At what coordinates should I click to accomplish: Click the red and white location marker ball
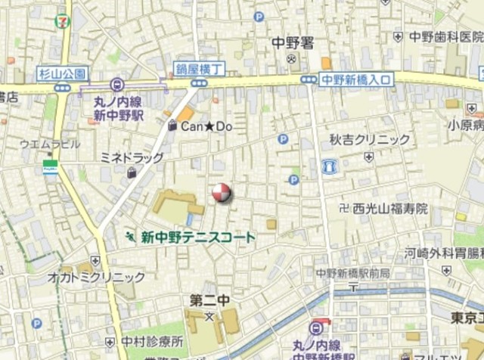point(221,194)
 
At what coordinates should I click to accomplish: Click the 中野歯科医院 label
point(445,36)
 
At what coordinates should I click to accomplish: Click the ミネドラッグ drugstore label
point(132,157)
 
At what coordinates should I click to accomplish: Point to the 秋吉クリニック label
point(369,139)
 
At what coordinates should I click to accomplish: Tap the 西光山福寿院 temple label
point(389,207)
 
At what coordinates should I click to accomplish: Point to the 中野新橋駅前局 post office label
point(352,272)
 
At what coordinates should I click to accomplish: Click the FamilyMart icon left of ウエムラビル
point(51,167)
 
